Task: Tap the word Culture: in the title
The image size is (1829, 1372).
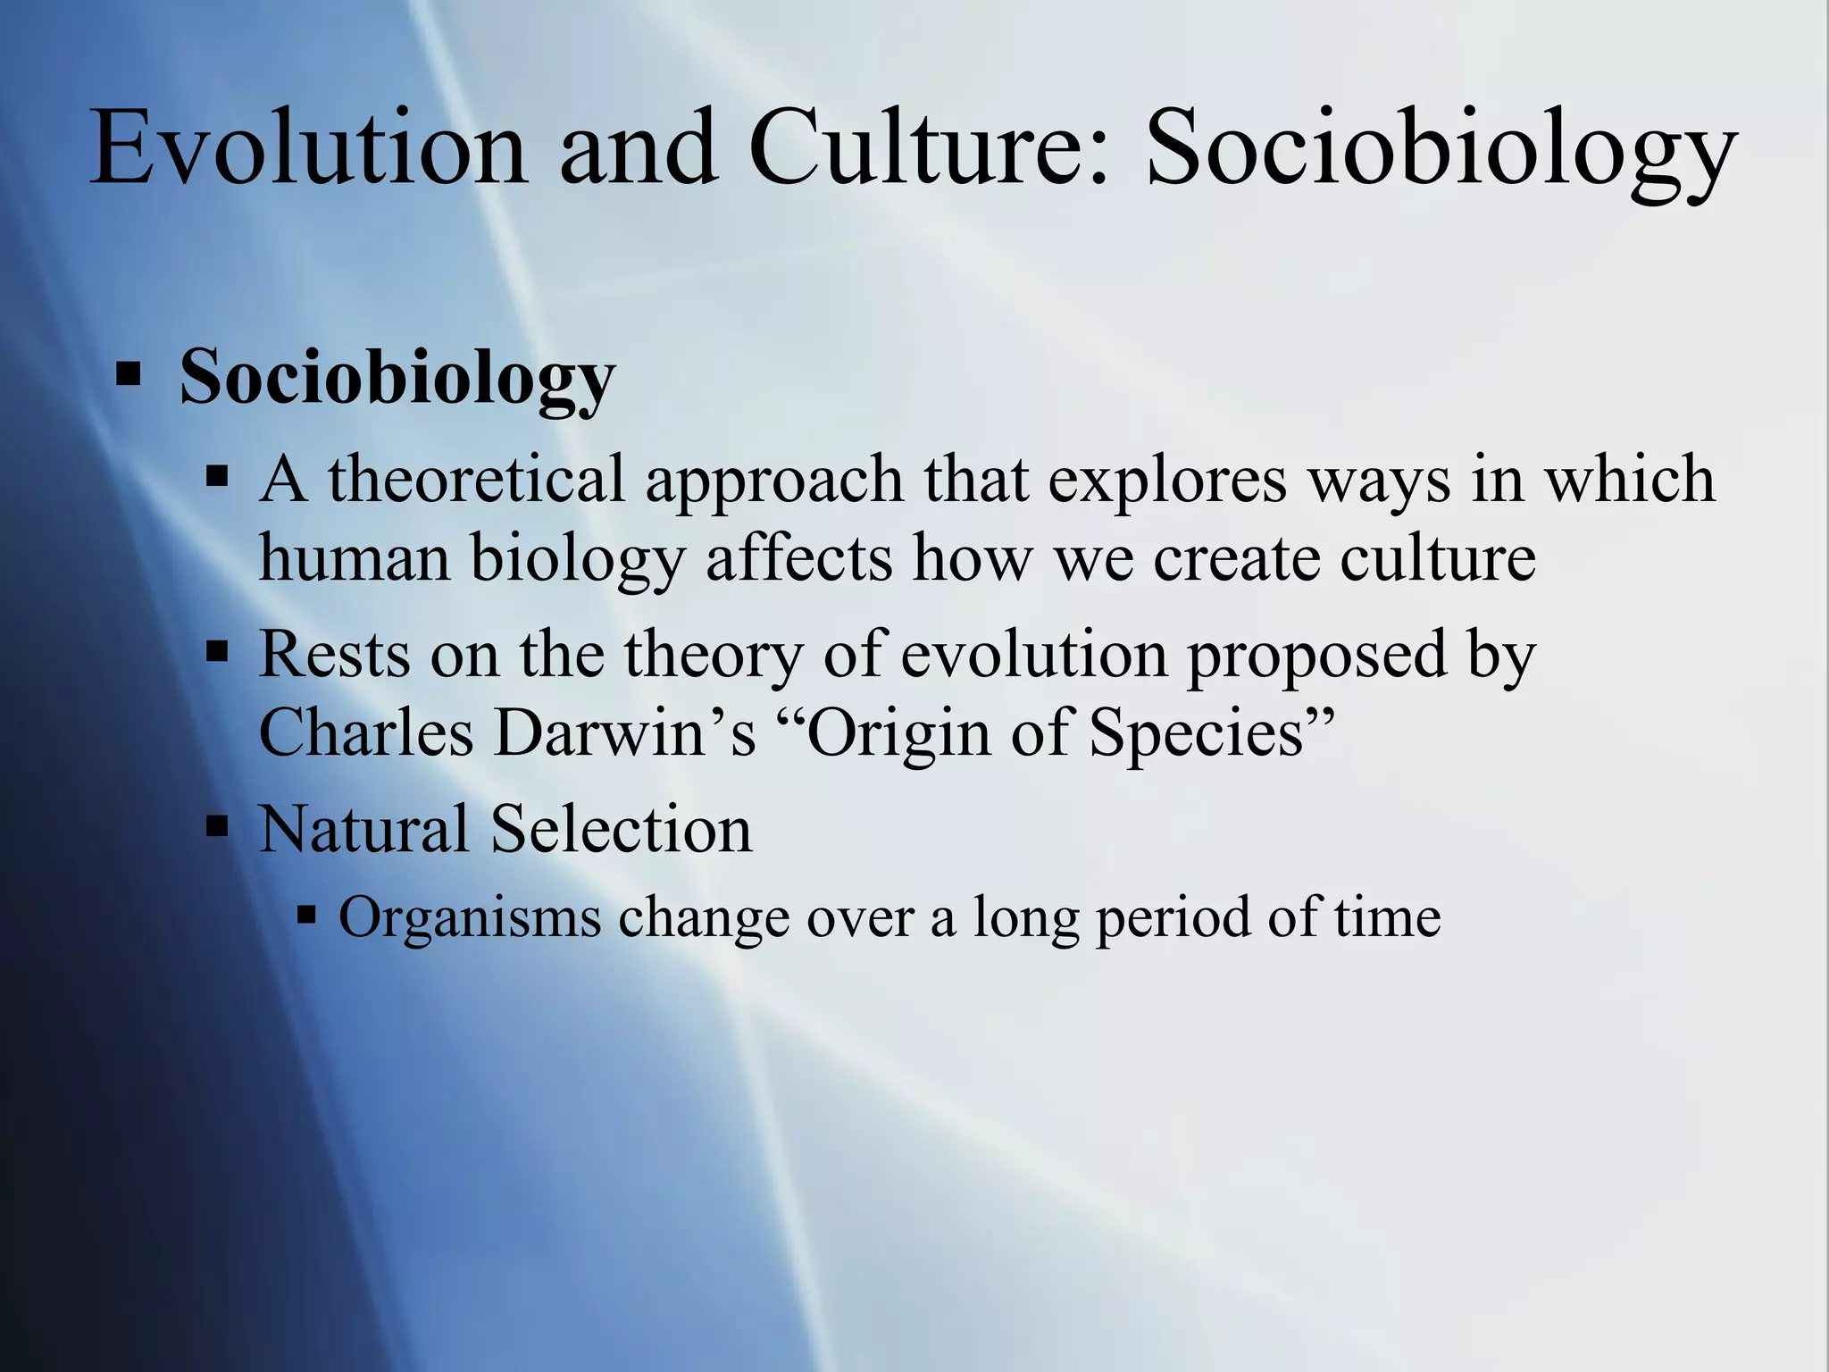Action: pyautogui.click(x=929, y=148)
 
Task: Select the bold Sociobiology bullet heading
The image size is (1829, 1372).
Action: pyautogui.click(x=397, y=377)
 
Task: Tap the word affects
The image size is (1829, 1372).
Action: pyautogui.click(x=799, y=559)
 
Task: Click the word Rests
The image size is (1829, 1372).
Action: pyautogui.click(x=334, y=654)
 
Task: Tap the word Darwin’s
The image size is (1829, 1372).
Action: pyautogui.click(x=625, y=732)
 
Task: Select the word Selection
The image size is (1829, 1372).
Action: pyautogui.click(x=622, y=829)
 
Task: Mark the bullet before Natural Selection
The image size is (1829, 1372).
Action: pyautogui.click(x=217, y=825)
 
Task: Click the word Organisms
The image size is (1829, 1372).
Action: pyautogui.click(x=470, y=918)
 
